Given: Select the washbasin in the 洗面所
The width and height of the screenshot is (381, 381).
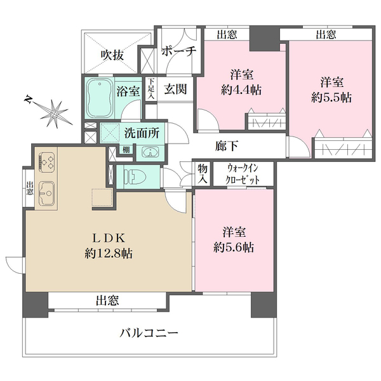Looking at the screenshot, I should [x=150, y=152].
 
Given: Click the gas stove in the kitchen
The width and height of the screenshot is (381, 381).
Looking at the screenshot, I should [x=46, y=161].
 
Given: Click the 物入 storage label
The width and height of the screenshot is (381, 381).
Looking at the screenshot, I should [x=203, y=173].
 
